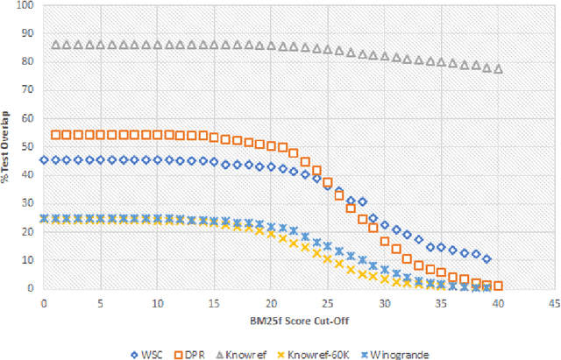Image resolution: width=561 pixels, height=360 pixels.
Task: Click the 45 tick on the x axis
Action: point(555,300)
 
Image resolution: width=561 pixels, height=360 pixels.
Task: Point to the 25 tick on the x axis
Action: point(328,300)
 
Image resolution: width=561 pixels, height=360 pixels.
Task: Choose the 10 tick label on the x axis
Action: point(157,300)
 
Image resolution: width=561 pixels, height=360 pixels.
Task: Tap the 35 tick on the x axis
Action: point(441,300)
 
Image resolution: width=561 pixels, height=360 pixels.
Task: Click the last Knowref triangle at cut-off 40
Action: point(498,68)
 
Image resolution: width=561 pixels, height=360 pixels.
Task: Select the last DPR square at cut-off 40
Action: point(498,286)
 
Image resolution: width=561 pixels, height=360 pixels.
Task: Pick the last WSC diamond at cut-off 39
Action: point(486,259)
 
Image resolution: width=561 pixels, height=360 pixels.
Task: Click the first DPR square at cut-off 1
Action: point(55,135)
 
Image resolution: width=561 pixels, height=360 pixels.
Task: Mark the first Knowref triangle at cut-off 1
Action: point(55,44)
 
